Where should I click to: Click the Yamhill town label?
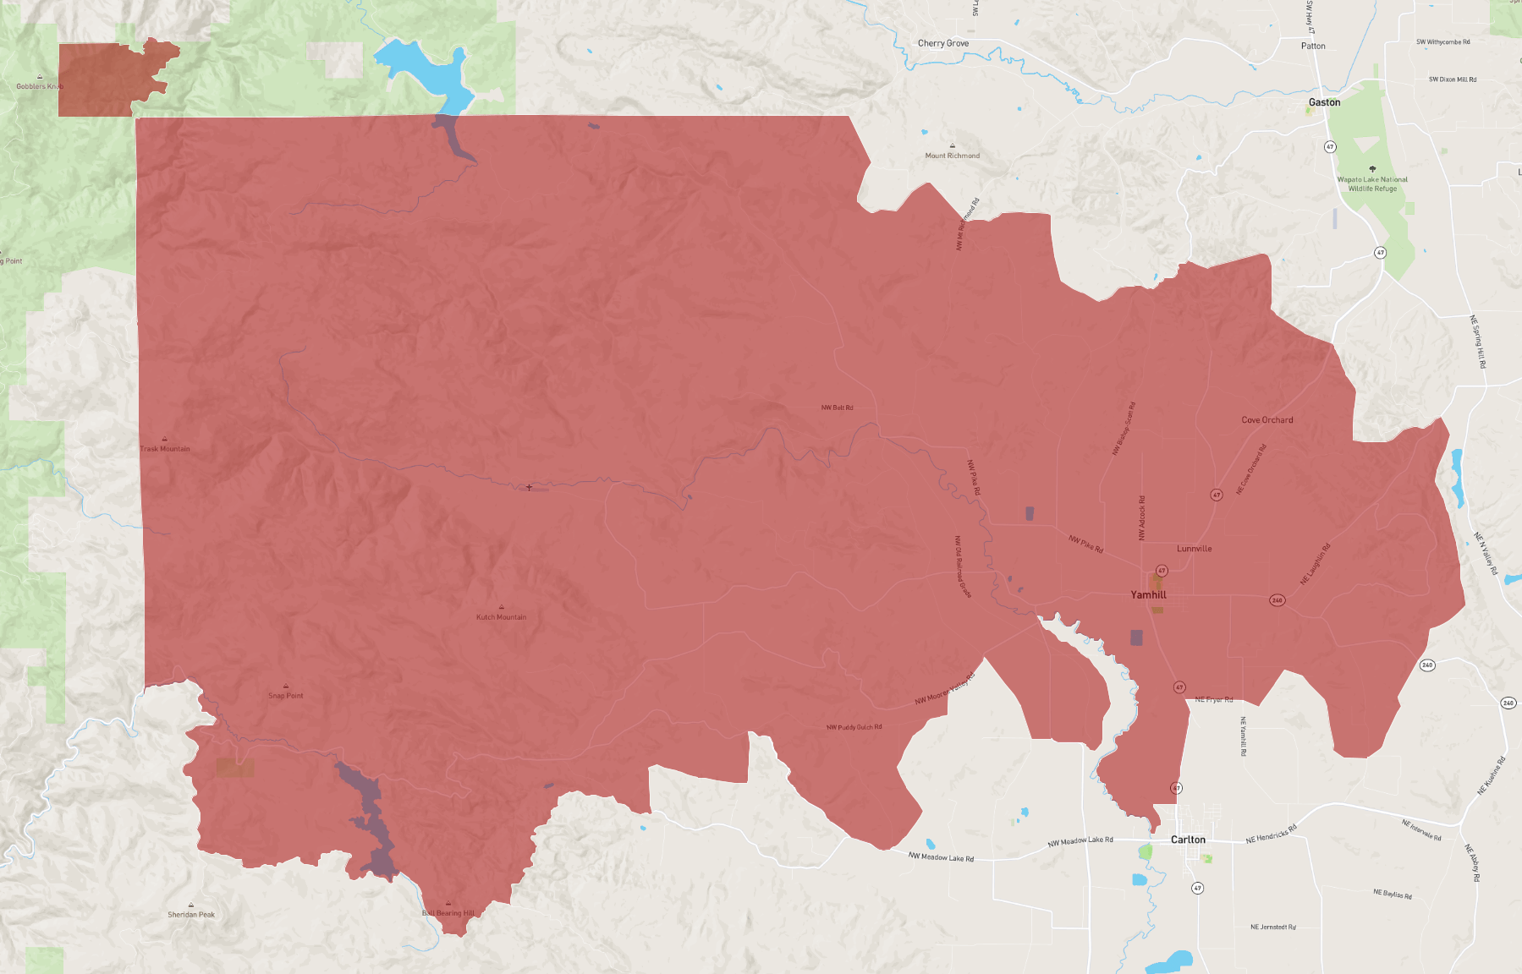pyautogui.click(x=1148, y=595)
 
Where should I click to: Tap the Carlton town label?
pyautogui.click(x=1188, y=840)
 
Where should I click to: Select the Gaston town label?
pyautogui.click(x=1324, y=102)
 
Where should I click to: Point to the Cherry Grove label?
pyautogui.click(x=943, y=43)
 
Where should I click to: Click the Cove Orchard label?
pyautogui.click(x=1267, y=420)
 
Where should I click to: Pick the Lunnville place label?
pyautogui.click(x=1194, y=549)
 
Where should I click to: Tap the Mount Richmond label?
pyautogui.click(x=952, y=156)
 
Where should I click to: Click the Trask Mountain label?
pyautogui.click(x=165, y=449)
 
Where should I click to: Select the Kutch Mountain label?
pyautogui.click(x=501, y=617)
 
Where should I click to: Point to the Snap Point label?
pyautogui.click(x=286, y=696)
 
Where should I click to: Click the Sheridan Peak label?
pyautogui.click(x=191, y=915)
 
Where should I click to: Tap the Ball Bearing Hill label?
pyautogui.click(x=448, y=913)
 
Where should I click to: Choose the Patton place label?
pyautogui.click(x=1313, y=47)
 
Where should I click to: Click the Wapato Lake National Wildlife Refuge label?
pyautogui.click(x=1372, y=184)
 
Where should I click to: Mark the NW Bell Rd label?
pyautogui.click(x=837, y=408)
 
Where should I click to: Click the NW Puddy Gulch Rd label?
pyautogui.click(x=854, y=727)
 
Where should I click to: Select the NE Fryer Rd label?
pyautogui.click(x=1213, y=699)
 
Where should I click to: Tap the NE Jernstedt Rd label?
pyautogui.click(x=1272, y=927)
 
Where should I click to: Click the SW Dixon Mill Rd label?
pyautogui.click(x=1452, y=79)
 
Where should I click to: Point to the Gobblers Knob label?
pyautogui.click(x=40, y=86)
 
